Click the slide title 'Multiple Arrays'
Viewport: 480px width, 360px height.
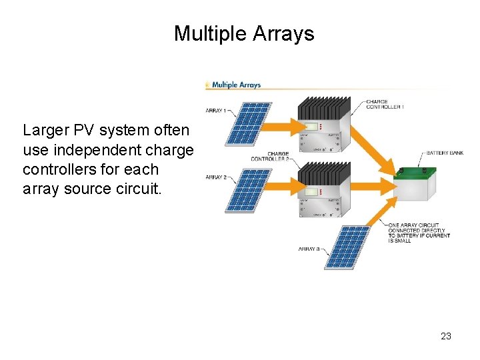click(243, 33)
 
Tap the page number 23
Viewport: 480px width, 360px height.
click(446, 336)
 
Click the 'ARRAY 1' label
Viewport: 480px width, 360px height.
click(215, 110)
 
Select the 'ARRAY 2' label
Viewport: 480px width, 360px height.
click(215, 177)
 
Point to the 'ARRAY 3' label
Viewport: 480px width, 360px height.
click(309, 249)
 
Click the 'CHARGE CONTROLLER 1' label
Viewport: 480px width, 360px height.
click(385, 105)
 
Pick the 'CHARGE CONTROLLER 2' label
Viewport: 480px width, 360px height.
click(270, 157)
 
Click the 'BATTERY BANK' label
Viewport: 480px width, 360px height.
click(445, 153)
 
